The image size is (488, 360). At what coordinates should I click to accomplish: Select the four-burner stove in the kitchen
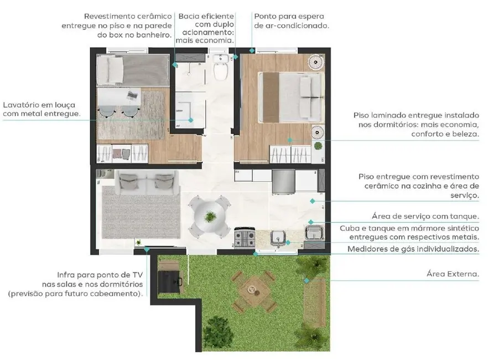click(244, 239)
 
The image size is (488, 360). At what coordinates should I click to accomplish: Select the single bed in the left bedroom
click(131, 70)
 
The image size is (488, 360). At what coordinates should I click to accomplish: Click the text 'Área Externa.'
click(453, 274)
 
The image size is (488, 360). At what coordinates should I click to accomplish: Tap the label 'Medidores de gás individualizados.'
click(413, 249)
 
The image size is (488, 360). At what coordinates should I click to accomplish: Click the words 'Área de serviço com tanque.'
click(425, 216)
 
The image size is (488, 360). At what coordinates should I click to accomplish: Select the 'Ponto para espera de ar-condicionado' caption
click(291, 21)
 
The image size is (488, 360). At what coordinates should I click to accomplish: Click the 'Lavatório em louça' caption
click(39, 109)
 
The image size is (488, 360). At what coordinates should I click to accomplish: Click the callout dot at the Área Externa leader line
click(320, 280)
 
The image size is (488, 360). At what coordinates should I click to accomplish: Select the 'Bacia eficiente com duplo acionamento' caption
click(206, 28)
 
